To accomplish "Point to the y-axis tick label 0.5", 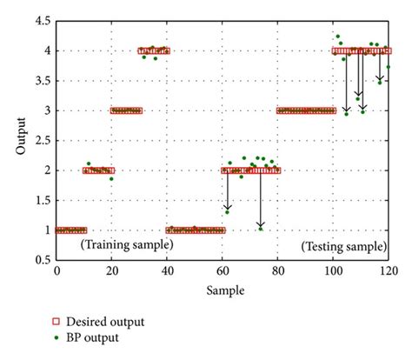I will (x=42, y=260).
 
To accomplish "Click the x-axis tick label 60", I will (x=223, y=272).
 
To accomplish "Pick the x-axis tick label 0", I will (x=56, y=272).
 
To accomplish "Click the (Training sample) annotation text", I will (x=127, y=246).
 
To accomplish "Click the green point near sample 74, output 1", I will (x=260, y=229).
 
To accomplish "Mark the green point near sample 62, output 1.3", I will (x=227, y=211).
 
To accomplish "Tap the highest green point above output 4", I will (x=337, y=37).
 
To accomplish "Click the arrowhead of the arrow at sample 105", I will (x=346, y=110).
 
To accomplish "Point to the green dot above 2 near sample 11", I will (x=88, y=163).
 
